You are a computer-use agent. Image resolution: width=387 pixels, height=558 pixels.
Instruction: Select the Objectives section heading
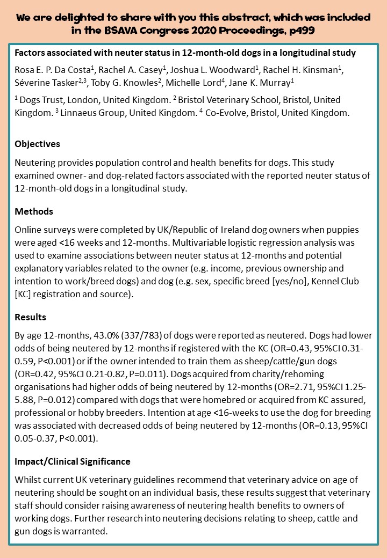(37, 144)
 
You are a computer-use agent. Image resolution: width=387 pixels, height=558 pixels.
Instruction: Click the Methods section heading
(33, 211)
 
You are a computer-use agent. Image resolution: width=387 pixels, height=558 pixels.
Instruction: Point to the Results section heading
(30, 317)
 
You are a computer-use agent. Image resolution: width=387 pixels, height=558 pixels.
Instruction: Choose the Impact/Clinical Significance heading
(72, 461)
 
